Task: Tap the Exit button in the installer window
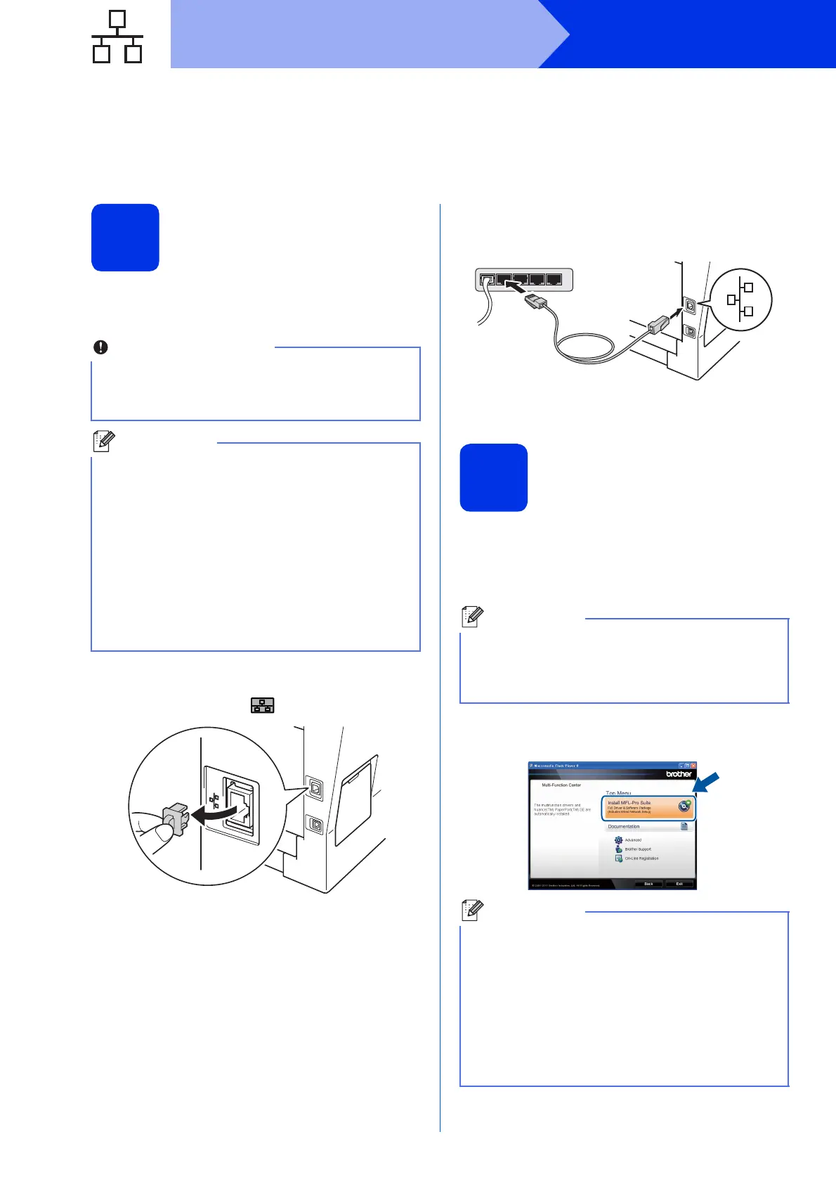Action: (679, 884)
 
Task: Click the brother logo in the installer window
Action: (679, 774)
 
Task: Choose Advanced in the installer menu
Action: (632, 840)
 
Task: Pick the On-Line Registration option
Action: (641, 858)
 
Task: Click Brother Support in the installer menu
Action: (637, 849)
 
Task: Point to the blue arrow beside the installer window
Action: (707, 783)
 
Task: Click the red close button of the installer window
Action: (693, 766)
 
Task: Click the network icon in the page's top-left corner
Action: (117, 37)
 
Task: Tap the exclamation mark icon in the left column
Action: (101, 347)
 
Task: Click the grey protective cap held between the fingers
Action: (174, 819)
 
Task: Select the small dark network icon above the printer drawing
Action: (263, 705)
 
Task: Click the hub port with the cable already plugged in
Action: (487, 280)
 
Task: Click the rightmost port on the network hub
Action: (554, 280)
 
